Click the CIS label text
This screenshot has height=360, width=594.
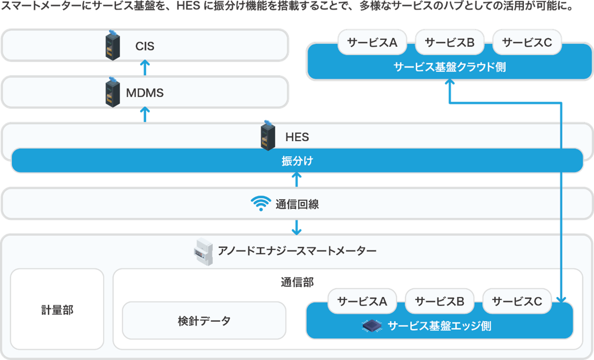(145, 47)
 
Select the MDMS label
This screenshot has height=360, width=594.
(145, 93)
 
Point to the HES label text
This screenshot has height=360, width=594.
(297, 137)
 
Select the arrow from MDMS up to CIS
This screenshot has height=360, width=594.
(145, 68)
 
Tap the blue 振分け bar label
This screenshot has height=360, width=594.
(297, 161)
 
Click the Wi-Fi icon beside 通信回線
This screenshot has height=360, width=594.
(261, 204)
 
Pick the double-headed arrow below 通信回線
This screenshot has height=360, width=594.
(297, 227)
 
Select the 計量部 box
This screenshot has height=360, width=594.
(57, 310)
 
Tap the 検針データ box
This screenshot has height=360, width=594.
(204, 321)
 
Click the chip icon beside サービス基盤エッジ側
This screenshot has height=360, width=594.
(372, 325)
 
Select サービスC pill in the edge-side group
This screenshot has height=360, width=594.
(517, 302)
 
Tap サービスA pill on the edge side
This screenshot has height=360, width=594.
(363, 302)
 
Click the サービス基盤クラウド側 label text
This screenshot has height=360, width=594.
(449, 67)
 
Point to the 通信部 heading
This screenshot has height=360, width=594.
(297, 281)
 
